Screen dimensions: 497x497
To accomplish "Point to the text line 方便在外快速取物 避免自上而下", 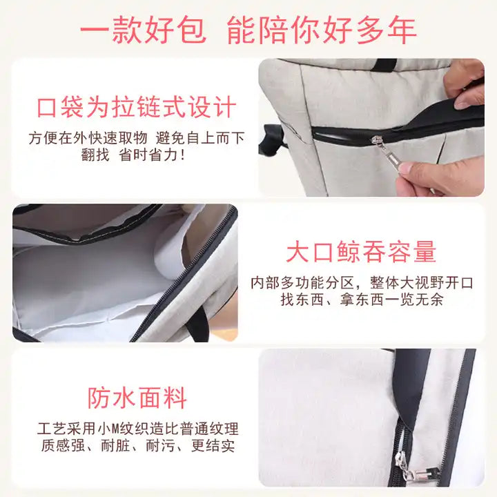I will coord(136,138).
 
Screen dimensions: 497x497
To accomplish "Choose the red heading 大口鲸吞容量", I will coord(361,252).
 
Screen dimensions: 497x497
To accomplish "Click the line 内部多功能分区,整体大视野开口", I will coord(361,283).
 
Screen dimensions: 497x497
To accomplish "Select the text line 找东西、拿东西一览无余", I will coord(361,300).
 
